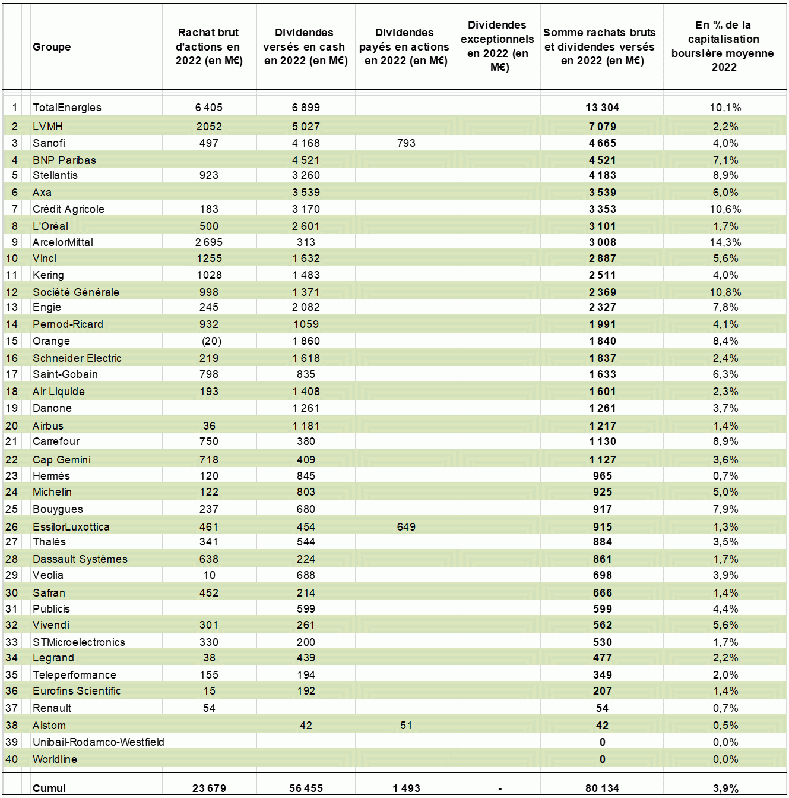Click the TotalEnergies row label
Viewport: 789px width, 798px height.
(x=67, y=108)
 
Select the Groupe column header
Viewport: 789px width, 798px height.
(x=52, y=46)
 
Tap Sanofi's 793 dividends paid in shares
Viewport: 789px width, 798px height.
(x=405, y=143)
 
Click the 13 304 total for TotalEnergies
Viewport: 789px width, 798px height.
(x=602, y=108)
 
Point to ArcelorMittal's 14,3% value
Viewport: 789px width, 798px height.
(x=725, y=242)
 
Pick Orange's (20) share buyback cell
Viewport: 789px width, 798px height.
(x=211, y=341)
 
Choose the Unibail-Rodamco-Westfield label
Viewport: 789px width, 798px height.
(x=99, y=742)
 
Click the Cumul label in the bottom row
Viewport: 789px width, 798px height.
(x=49, y=788)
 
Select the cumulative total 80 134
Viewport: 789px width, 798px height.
(x=602, y=788)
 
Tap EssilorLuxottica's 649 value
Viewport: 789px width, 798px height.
(x=405, y=527)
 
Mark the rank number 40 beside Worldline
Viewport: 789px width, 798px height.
(x=12, y=759)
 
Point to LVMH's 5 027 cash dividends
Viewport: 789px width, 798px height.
(x=306, y=127)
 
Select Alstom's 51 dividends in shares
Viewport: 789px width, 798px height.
(x=405, y=725)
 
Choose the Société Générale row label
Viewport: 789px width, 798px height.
(x=76, y=292)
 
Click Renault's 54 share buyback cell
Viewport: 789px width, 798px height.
(x=209, y=708)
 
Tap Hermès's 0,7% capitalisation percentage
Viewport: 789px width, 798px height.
(x=725, y=476)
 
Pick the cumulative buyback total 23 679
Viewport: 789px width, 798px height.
(x=209, y=788)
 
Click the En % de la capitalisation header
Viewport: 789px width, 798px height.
(x=723, y=46)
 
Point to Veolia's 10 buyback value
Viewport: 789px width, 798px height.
(x=209, y=575)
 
